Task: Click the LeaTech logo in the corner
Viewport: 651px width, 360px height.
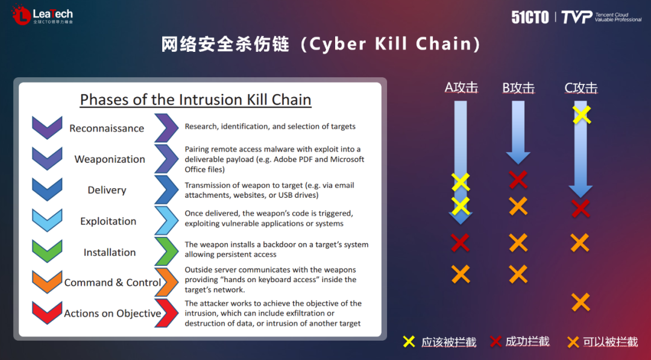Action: (42, 15)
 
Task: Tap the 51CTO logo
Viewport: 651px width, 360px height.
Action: (530, 17)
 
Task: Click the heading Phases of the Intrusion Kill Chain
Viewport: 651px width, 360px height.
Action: (195, 99)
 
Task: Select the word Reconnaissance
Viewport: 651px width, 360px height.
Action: (107, 128)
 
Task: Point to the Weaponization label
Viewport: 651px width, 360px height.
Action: (110, 159)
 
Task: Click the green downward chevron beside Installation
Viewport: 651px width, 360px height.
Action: (48, 250)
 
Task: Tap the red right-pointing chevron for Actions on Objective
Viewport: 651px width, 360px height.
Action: (166, 313)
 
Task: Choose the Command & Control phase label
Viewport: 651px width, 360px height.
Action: (113, 282)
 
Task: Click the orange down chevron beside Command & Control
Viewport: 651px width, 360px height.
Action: (48, 282)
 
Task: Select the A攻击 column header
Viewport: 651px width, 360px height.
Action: (461, 87)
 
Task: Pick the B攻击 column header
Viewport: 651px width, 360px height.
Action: (518, 87)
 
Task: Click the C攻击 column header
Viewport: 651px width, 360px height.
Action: (581, 87)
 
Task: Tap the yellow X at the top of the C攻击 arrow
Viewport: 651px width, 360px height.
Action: (582, 115)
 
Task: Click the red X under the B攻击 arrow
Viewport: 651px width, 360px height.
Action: (518, 179)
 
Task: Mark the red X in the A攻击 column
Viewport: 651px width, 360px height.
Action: (460, 242)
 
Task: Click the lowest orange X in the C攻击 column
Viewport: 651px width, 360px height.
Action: (580, 302)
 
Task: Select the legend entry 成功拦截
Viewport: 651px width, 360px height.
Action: (520, 342)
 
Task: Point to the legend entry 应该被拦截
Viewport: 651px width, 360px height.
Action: (439, 342)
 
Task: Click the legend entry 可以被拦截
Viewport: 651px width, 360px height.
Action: (602, 342)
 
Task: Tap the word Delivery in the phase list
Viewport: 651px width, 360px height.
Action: (107, 190)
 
